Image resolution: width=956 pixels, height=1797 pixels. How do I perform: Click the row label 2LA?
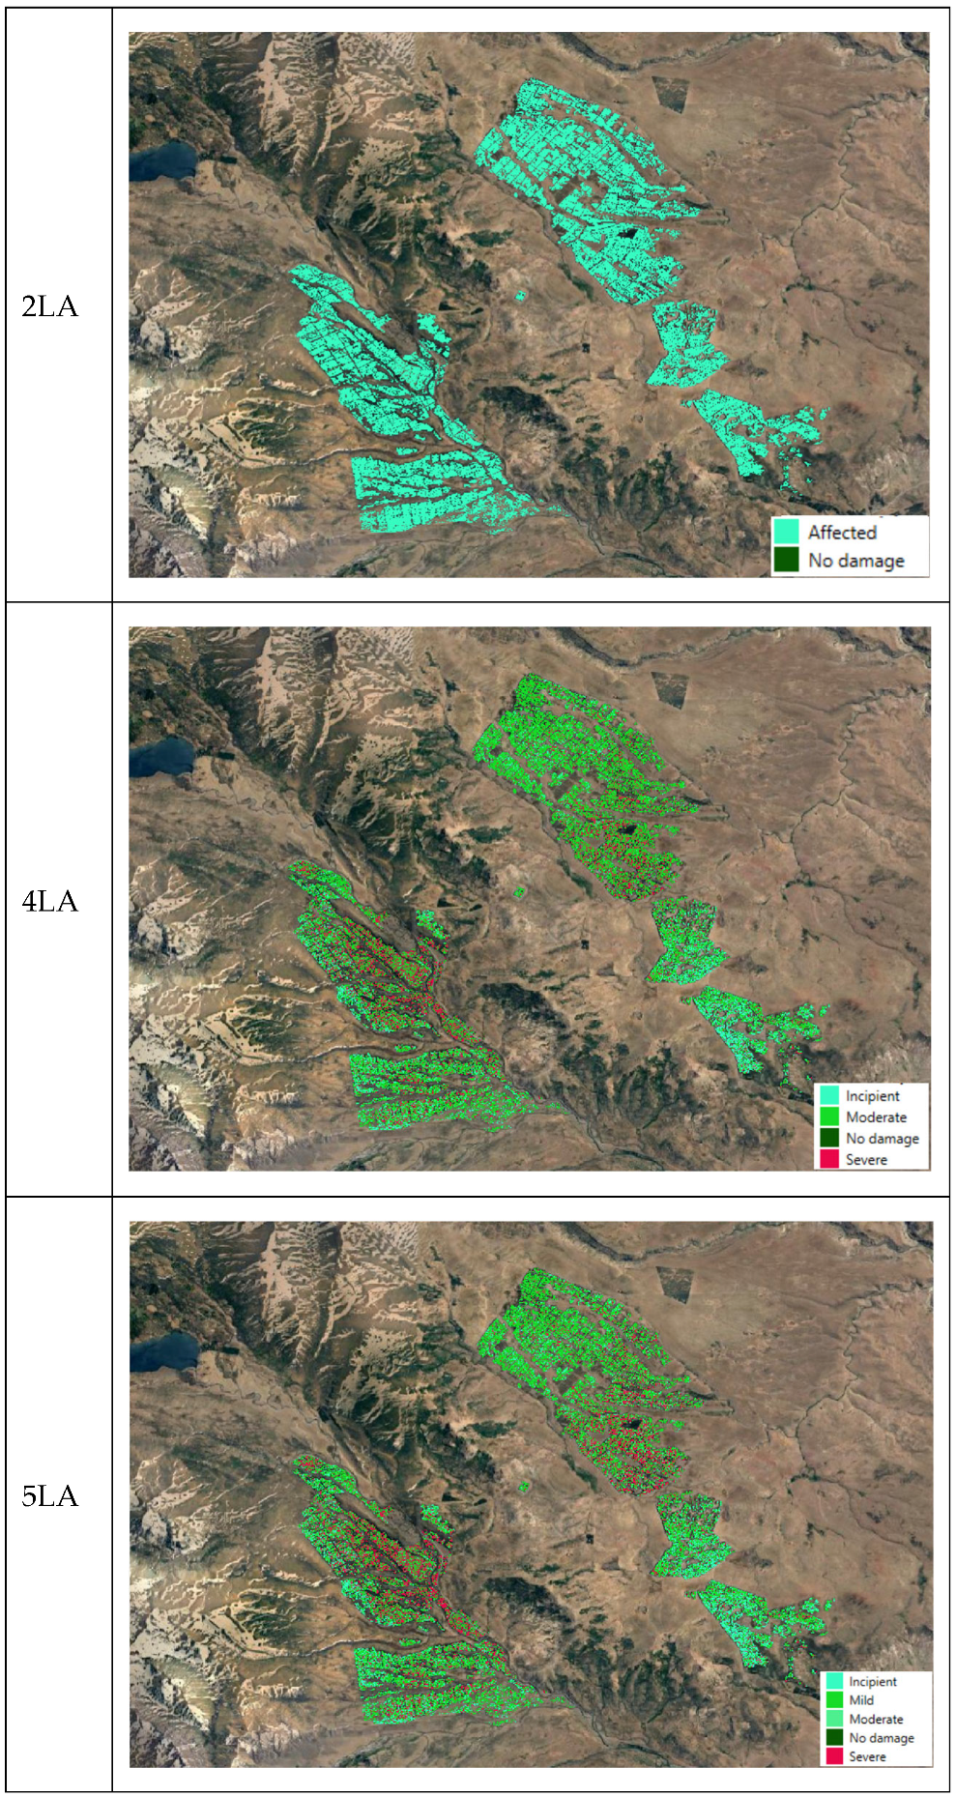tap(49, 306)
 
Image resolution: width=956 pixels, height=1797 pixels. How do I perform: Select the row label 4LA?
tap(49, 901)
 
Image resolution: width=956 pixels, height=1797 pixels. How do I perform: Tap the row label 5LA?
tap(49, 1495)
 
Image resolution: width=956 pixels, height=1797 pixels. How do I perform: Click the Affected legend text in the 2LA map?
tap(842, 532)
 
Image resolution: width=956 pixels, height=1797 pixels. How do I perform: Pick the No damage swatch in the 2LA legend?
tap(786, 560)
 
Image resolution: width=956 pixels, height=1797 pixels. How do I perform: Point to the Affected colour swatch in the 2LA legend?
tap(786, 532)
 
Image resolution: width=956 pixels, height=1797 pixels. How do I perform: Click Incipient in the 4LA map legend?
tap(872, 1095)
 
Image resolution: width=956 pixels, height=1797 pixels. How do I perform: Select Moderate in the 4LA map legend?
tap(876, 1116)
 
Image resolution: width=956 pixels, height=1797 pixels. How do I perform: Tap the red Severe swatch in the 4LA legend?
tap(828, 1159)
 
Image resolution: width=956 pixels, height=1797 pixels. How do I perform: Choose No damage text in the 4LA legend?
tap(882, 1138)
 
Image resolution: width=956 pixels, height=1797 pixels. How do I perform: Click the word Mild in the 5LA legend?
tap(861, 1700)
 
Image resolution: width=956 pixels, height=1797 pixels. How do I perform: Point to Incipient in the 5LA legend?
tap(872, 1682)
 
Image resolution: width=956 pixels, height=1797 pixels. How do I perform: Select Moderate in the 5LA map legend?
tap(876, 1719)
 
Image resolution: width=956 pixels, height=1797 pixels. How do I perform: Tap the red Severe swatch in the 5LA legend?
tap(833, 1756)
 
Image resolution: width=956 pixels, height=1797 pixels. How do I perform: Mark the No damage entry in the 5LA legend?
tap(881, 1737)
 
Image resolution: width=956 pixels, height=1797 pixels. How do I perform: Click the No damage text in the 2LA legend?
tap(855, 560)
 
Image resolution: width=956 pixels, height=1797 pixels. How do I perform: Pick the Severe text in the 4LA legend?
tap(866, 1159)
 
